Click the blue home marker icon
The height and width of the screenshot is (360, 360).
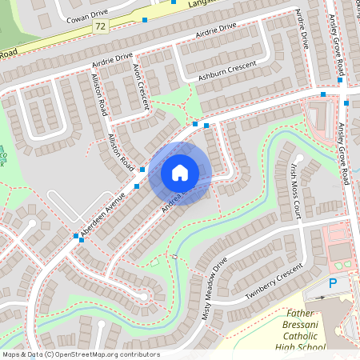point(180,172)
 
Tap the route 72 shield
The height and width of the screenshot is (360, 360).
point(100,27)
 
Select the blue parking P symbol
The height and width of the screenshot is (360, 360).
point(333,284)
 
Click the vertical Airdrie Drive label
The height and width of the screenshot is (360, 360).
point(302,30)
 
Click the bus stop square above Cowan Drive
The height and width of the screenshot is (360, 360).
point(145,18)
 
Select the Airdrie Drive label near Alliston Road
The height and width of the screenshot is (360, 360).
point(113,58)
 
